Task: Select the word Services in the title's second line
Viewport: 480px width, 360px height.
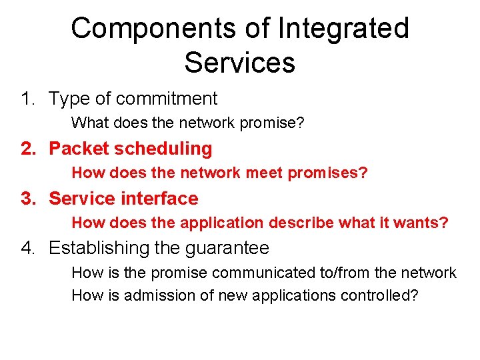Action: click(x=239, y=63)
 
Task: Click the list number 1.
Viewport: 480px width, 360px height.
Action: click(x=26, y=99)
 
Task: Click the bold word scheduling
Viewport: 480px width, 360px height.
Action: click(x=164, y=149)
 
